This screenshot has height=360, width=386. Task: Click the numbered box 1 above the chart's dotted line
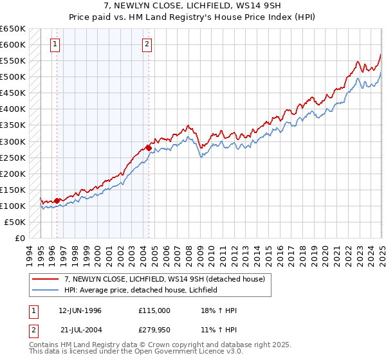(x=55, y=44)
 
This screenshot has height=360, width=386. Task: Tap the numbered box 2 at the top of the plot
(x=147, y=44)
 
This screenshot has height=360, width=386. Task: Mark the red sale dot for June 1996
(x=57, y=201)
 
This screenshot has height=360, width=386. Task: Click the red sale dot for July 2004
(x=149, y=148)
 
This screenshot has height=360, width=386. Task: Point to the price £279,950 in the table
(x=154, y=330)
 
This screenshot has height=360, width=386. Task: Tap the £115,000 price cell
(x=154, y=310)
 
